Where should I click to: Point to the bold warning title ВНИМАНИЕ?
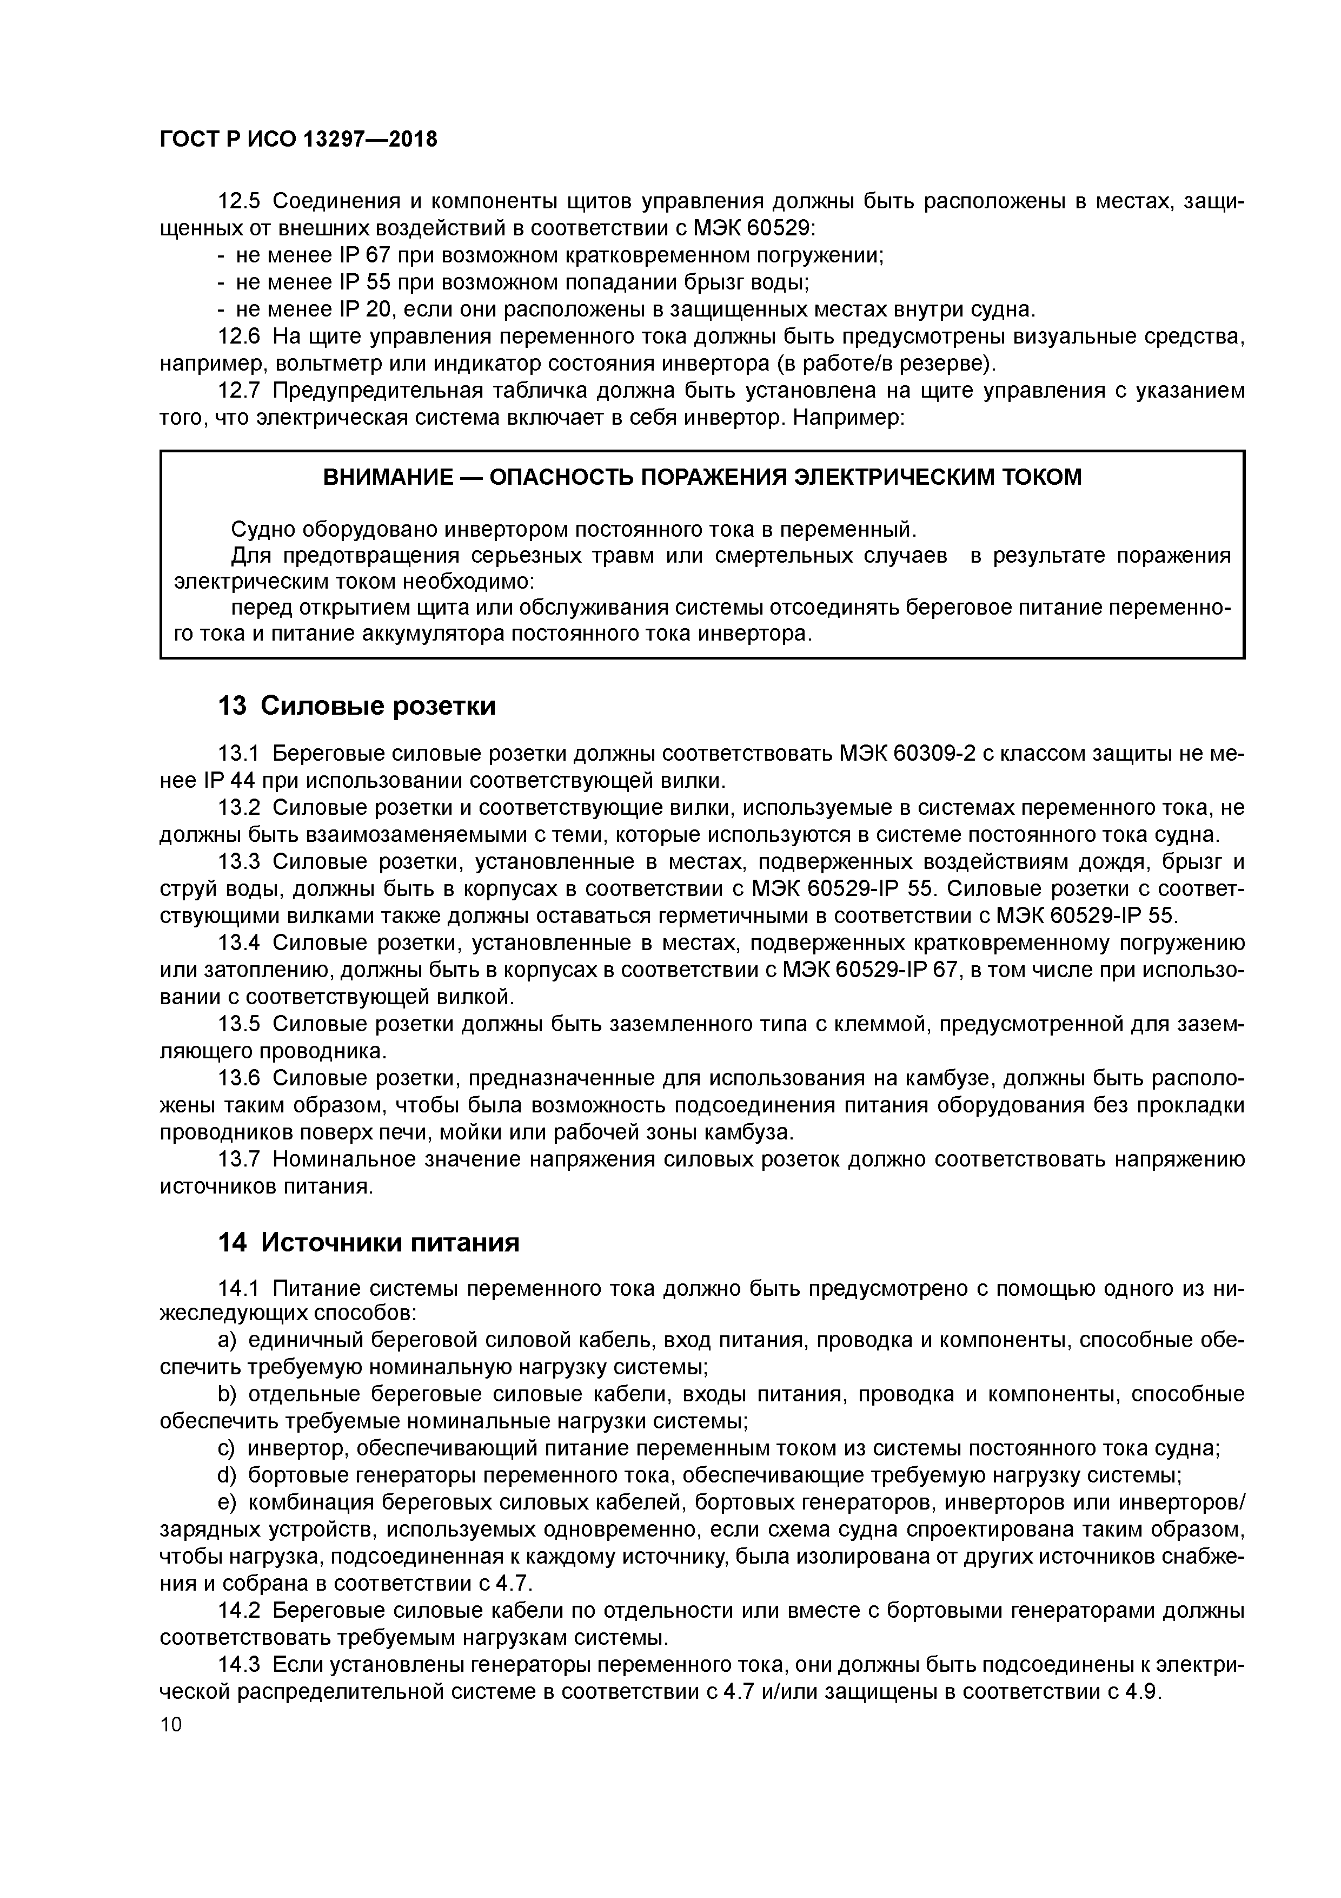coord(388,477)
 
